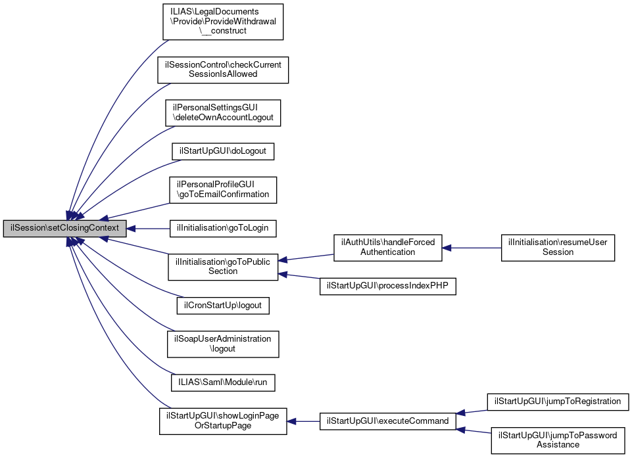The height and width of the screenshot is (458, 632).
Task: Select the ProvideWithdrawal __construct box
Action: click(223, 21)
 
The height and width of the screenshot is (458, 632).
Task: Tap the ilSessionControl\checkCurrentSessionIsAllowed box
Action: click(223, 69)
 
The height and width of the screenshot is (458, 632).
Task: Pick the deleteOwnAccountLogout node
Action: click(223, 112)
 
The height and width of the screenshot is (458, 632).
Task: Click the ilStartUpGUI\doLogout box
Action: click(223, 151)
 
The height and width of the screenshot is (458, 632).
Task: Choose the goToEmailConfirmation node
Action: click(223, 189)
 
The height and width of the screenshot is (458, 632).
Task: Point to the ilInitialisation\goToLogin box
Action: click(223, 229)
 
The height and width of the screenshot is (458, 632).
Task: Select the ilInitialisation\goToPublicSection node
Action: click(223, 266)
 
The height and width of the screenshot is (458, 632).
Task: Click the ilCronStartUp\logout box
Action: click(223, 306)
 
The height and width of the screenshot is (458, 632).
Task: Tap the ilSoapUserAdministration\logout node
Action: click(223, 344)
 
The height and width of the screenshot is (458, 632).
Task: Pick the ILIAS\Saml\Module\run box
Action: click(223, 382)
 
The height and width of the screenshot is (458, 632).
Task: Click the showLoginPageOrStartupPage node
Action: click(223, 421)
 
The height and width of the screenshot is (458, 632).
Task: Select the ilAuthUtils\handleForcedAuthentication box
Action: click(387, 247)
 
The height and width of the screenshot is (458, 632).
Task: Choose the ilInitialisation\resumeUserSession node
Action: click(558, 247)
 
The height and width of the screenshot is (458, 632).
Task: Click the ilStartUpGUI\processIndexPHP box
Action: click(387, 286)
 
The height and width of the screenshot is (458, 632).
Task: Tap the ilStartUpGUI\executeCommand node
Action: click(387, 421)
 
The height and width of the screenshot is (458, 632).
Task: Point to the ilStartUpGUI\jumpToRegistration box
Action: click(558, 401)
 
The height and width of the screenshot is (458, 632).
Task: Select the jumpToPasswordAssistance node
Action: click(558, 440)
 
